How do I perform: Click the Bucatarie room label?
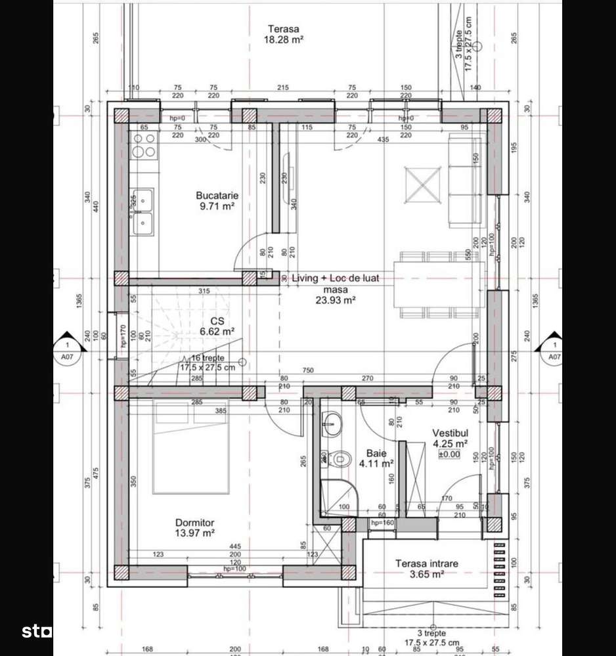pyautogui.click(x=217, y=195)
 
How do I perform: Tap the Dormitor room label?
pyautogui.click(x=194, y=522)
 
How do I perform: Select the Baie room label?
pyautogui.click(x=376, y=453)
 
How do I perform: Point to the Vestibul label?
pyautogui.click(x=450, y=433)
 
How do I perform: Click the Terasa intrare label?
pyautogui.click(x=426, y=563)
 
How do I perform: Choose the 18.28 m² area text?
pyautogui.click(x=283, y=39)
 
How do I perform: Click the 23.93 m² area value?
pyautogui.click(x=334, y=300)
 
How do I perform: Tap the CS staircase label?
pyautogui.click(x=218, y=321)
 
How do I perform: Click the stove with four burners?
pyautogui.click(x=144, y=145)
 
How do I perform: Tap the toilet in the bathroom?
pyautogui.click(x=338, y=458)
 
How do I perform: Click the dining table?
pyautogui.click(x=439, y=285)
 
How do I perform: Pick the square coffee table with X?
pyautogui.click(x=423, y=185)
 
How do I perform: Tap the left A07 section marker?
pyautogui.click(x=66, y=351)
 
